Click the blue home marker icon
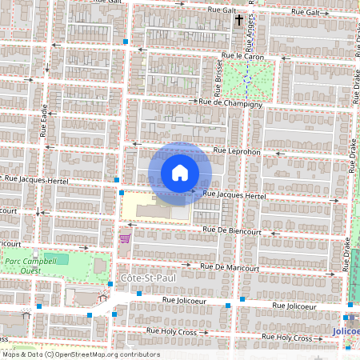point(180,173)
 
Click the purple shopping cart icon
point(124,238)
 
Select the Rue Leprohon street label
point(238,150)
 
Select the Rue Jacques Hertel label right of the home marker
point(234,195)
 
